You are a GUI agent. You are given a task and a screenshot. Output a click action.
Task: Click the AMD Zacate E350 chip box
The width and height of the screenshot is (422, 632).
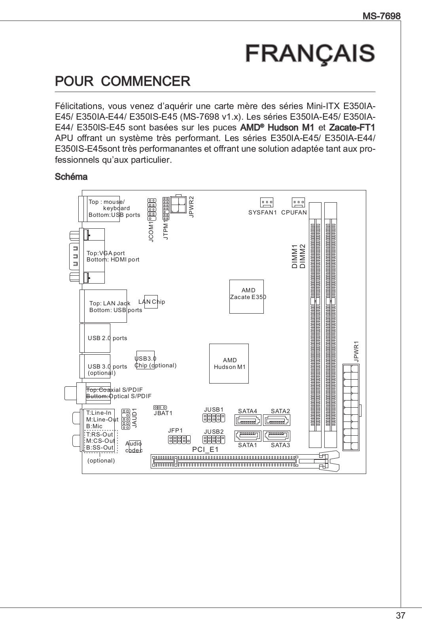tap(246, 297)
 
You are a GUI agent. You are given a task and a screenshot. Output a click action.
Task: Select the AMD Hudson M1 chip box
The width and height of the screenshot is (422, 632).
tap(229, 363)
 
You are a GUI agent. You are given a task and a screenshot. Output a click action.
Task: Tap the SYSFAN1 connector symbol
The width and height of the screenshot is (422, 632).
tap(267, 203)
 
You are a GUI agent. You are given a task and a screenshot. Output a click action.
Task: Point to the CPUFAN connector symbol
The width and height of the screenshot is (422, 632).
tap(298, 203)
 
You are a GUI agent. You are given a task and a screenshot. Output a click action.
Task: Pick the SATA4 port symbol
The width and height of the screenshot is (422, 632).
tap(248, 420)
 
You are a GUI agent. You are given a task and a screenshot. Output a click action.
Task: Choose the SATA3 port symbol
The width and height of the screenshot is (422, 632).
tap(276, 436)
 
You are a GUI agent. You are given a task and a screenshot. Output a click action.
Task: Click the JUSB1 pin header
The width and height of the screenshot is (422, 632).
tap(214, 418)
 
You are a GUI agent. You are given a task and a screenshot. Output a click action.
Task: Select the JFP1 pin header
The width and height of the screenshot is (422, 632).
tap(179, 440)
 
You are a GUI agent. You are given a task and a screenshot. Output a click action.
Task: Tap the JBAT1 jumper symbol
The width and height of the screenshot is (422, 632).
tap(160, 407)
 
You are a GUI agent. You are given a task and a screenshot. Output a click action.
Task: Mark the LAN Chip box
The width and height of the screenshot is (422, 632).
tap(151, 302)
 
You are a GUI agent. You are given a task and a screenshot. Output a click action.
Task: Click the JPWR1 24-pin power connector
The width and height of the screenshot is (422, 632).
tap(351, 407)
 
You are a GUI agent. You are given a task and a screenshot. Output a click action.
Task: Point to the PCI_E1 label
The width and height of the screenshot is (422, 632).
tap(205, 450)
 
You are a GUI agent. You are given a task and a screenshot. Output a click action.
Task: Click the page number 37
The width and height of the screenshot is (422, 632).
tap(400, 615)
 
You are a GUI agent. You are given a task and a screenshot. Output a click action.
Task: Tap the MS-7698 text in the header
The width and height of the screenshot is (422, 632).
tap(382, 16)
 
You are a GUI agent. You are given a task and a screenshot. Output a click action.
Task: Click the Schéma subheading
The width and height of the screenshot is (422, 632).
tap(71, 177)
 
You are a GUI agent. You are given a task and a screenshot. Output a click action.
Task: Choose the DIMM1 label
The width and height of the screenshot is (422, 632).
tap(294, 257)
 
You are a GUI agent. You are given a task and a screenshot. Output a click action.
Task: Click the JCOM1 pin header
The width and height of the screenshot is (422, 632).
tap(152, 209)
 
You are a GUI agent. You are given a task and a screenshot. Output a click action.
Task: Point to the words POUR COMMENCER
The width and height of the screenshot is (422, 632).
tap(123, 81)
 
